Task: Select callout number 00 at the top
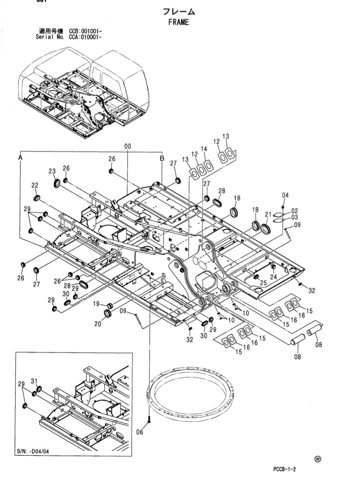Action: click(127, 147)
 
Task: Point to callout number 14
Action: click(204, 149)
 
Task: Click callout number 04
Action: click(285, 195)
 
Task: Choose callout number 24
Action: click(274, 277)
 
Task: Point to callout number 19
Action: click(97, 304)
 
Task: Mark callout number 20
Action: click(97, 323)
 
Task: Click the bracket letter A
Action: click(20, 157)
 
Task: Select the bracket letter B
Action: click(162, 158)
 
